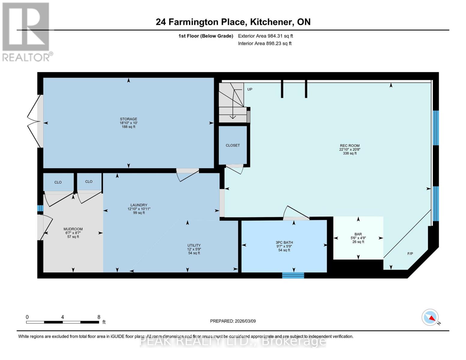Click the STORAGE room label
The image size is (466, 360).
pyautogui.click(x=128, y=119)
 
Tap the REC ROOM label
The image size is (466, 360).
pyautogui.click(x=350, y=145)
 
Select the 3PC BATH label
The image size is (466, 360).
pyautogui.click(x=284, y=242)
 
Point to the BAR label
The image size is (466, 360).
pyautogui.click(x=358, y=234)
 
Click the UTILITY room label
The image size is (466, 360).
pyautogui.click(x=194, y=245)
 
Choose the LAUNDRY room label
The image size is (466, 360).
pyautogui.click(x=139, y=205)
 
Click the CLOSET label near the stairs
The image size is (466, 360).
pyautogui.click(x=233, y=145)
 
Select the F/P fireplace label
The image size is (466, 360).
pyautogui.click(x=410, y=253)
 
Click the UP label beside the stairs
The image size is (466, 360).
pyautogui.click(x=250, y=89)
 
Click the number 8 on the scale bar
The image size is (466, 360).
pyautogui.click(x=99, y=317)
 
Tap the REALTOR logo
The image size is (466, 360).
pyautogui.click(x=26, y=31)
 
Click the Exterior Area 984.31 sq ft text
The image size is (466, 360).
pyautogui.click(x=265, y=36)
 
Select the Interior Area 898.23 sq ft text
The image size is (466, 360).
pyautogui.click(x=265, y=43)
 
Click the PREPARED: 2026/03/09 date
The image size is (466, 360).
pyautogui.click(x=233, y=321)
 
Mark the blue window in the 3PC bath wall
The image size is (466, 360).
pyautogui.click(x=293, y=275)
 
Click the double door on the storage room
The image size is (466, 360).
pyautogui.click(x=34, y=121)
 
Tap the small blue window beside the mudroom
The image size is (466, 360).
pyautogui.click(x=40, y=208)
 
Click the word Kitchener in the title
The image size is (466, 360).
pyautogui.click(x=272, y=22)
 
